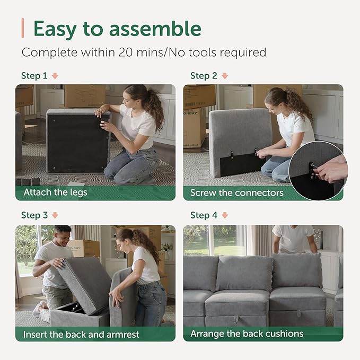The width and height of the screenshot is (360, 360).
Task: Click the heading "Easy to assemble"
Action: click(117, 29)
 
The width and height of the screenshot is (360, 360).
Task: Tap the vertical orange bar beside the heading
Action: click(23, 28)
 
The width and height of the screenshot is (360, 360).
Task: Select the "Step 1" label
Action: click(34, 76)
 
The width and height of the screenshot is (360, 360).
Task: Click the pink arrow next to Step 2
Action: click(225, 76)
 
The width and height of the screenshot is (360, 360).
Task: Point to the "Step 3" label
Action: click(34, 215)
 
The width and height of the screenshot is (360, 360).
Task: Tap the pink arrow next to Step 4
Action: click(225, 215)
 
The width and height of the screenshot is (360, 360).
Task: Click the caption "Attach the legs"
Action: click(56, 192)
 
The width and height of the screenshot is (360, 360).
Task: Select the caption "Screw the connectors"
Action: click(236, 192)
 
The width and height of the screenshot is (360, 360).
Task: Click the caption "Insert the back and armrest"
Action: click(80, 334)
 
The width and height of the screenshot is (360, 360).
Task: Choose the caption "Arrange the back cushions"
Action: click(247, 334)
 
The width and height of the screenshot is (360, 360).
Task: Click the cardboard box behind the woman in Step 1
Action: click(84, 95)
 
